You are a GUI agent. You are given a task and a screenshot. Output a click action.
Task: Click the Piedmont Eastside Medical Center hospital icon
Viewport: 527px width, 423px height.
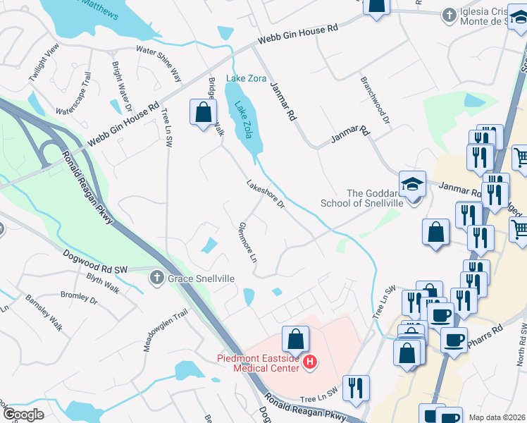click(x=310, y=364)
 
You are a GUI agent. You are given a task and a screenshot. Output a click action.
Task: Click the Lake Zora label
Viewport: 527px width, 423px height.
click(x=246, y=78)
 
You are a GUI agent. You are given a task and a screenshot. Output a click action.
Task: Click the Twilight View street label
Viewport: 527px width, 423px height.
click(x=42, y=62)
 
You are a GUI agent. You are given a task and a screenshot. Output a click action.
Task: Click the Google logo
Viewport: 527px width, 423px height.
click(x=24, y=414)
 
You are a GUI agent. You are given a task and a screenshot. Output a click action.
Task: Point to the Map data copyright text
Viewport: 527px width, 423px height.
click(x=496, y=417)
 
